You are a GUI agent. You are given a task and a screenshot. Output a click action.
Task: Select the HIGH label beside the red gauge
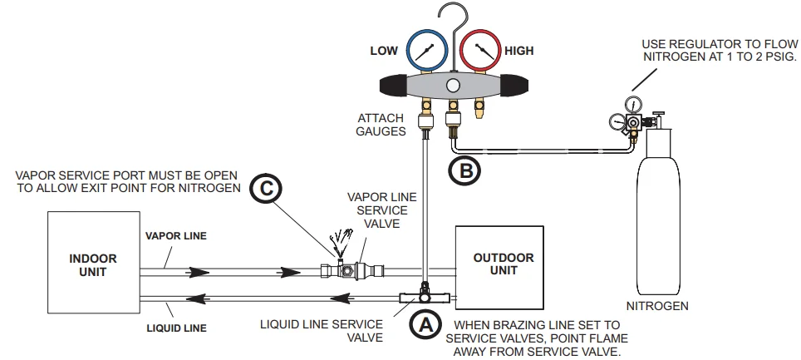click(519, 51)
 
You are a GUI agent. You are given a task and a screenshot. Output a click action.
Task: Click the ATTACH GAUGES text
click(381, 126)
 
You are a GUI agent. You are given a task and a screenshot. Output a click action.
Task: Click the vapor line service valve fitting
click(353, 270)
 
